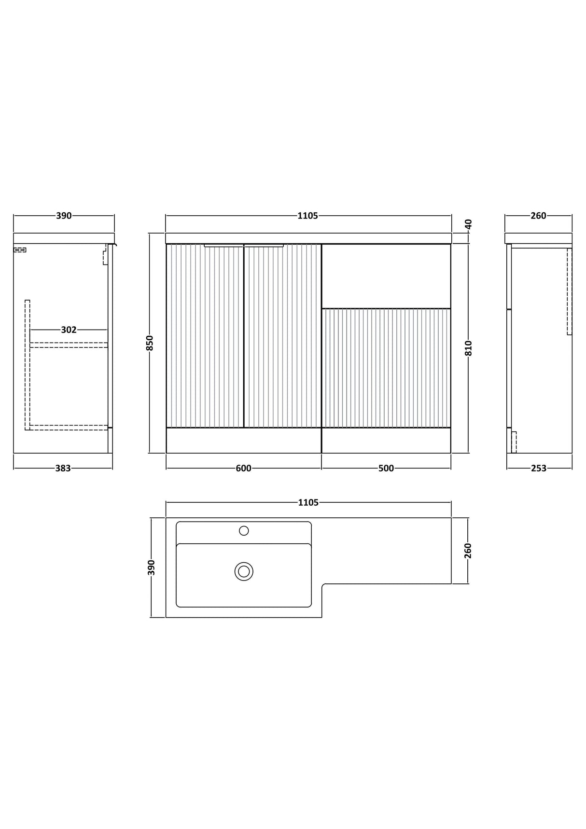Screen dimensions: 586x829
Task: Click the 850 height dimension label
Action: click(150, 343)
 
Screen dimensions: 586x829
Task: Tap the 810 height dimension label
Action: click(468, 348)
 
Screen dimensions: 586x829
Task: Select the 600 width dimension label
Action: click(244, 468)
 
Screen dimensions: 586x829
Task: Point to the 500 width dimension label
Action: click(386, 468)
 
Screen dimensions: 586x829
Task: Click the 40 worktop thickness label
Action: click(468, 223)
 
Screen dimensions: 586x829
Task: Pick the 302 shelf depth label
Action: click(69, 330)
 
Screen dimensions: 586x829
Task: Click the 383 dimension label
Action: click(63, 468)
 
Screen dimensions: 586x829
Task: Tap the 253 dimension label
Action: click(539, 468)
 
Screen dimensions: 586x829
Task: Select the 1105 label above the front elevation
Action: click(308, 216)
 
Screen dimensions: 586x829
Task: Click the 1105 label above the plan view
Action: click(308, 502)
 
